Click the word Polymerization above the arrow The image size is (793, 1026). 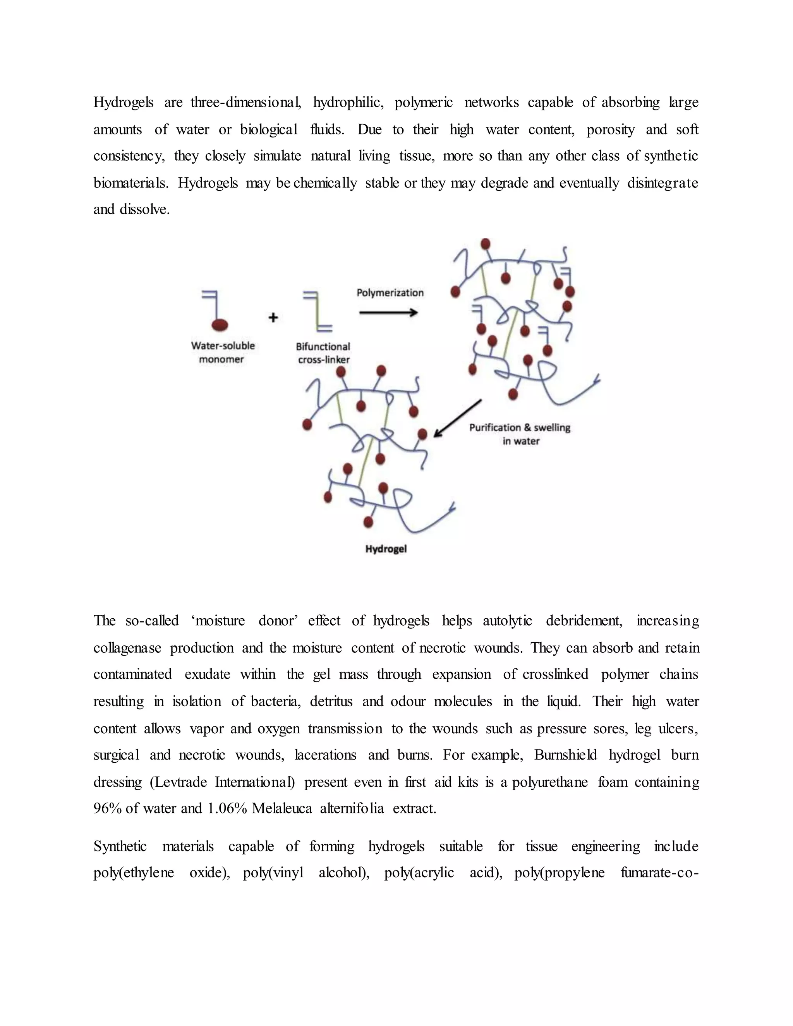coord(390,293)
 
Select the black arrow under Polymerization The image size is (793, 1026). coord(388,312)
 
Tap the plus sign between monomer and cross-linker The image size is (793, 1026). coord(273,317)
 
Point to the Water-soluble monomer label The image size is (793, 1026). coord(223,352)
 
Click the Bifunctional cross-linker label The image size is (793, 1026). coord(323,353)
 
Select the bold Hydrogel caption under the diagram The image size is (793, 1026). coord(386,549)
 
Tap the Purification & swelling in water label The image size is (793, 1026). coord(520,434)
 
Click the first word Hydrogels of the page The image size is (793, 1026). coord(124,103)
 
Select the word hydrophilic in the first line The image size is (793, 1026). coord(348,103)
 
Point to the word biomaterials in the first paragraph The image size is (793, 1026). coord(130,183)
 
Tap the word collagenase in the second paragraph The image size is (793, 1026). coord(127,648)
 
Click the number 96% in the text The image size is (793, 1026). coord(107,808)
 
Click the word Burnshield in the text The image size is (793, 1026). coord(565,755)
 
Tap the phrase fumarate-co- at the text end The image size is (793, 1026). coord(659,873)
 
